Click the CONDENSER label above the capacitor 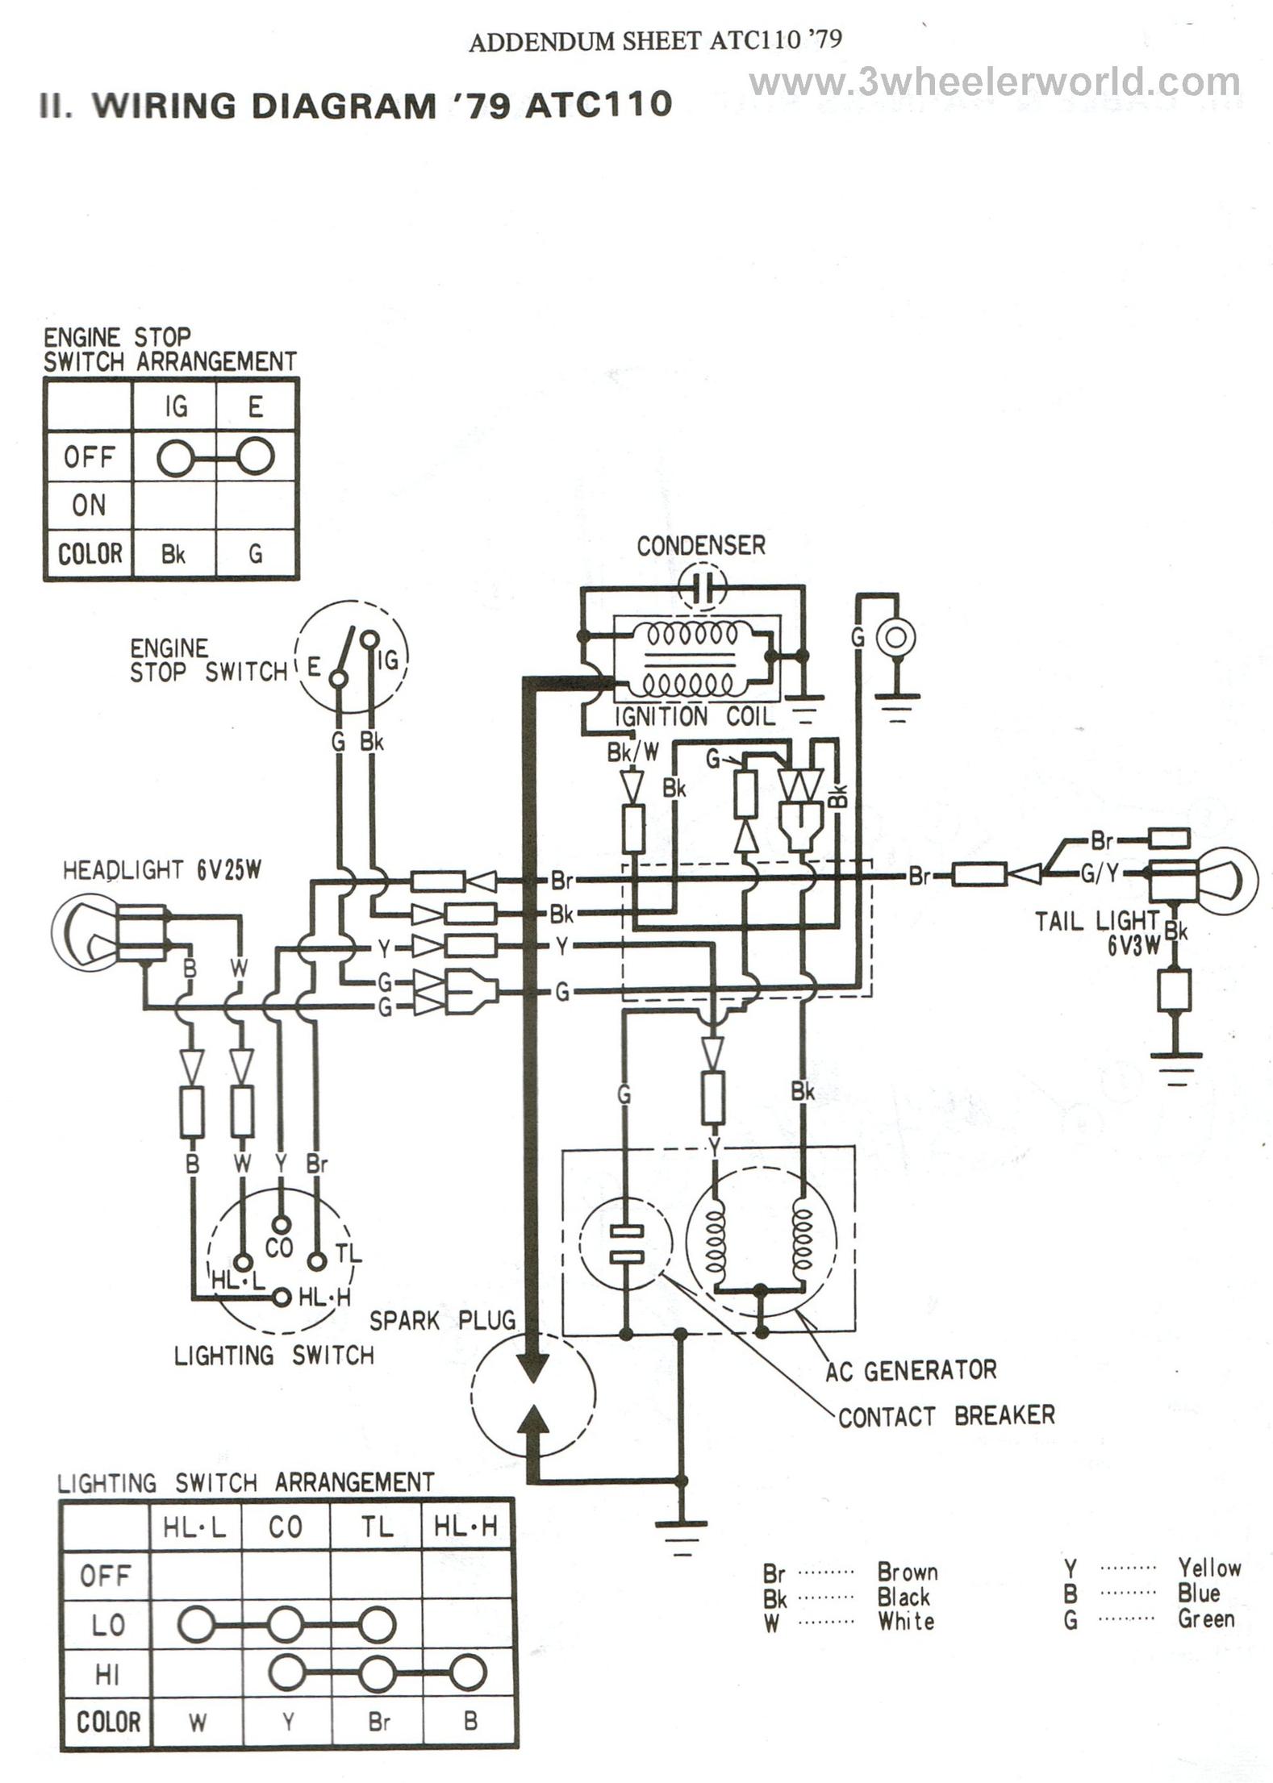700,546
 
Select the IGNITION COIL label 695,716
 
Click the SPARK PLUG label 442,1320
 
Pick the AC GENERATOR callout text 911,1369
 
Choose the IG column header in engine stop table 175,406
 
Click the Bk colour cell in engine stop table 173,555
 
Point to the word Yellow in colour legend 1208,1568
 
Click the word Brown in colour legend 907,1572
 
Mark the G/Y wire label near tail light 1099,873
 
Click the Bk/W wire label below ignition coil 632,752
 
